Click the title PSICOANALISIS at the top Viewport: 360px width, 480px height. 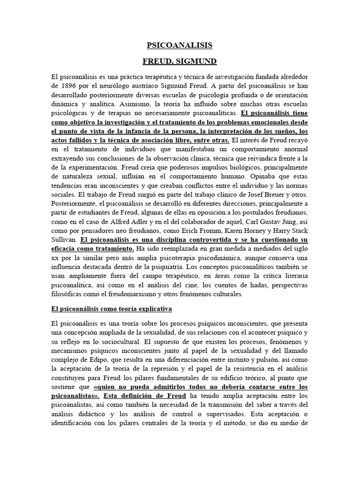180,45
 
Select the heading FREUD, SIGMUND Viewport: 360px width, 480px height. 180,61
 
